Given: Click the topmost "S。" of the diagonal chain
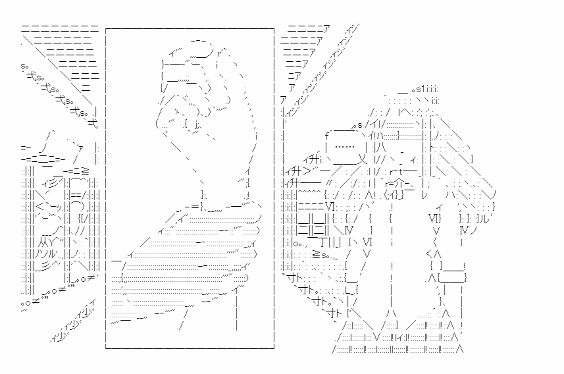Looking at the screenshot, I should [26, 67].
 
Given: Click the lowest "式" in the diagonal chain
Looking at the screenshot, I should [92, 120].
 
